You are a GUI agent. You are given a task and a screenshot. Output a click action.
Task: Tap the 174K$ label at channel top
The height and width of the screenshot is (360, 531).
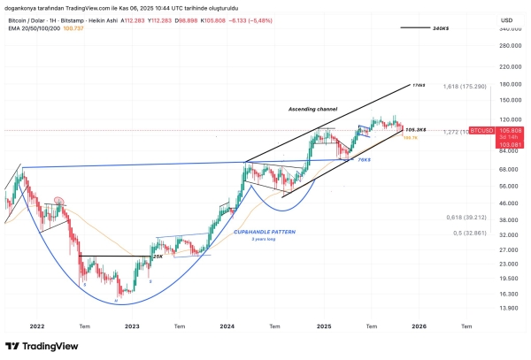point(419,86)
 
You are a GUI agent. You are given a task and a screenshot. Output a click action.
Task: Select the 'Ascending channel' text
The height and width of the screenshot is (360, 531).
point(313,109)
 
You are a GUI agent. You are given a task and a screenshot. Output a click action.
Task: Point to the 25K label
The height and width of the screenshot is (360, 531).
point(157,256)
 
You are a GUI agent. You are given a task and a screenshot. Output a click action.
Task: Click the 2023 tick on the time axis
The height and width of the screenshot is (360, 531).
point(132,326)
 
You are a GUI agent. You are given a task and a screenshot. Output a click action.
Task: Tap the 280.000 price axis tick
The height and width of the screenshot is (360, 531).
point(507,46)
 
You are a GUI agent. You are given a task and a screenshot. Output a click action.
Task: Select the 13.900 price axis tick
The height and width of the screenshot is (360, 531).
point(507,308)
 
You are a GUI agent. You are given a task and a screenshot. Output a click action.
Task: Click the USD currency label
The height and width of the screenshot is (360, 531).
point(507,19)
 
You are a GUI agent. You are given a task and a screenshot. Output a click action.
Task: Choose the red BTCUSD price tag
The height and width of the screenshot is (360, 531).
point(507,130)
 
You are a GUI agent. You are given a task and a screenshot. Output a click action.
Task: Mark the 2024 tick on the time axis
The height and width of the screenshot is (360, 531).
point(227,326)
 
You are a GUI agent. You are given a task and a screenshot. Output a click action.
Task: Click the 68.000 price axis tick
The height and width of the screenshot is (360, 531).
point(507,169)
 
